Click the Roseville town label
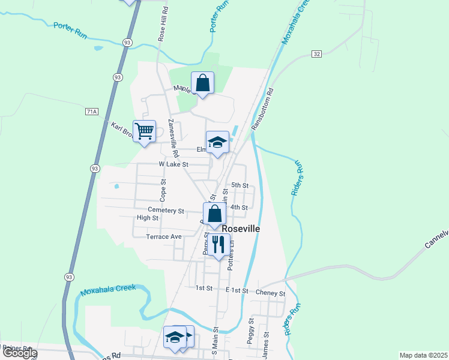(241, 229)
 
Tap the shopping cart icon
(144, 131)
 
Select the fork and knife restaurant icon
(218, 244)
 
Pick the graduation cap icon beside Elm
(217, 142)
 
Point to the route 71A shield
(91, 112)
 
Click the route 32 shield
(317, 54)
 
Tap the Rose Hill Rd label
(161, 25)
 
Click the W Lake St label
(173, 164)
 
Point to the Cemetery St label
(166, 211)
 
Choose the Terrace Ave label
(163, 236)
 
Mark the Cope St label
(163, 189)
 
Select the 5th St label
(240, 185)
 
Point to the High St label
(147, 218)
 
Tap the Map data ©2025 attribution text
(423, 355)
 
